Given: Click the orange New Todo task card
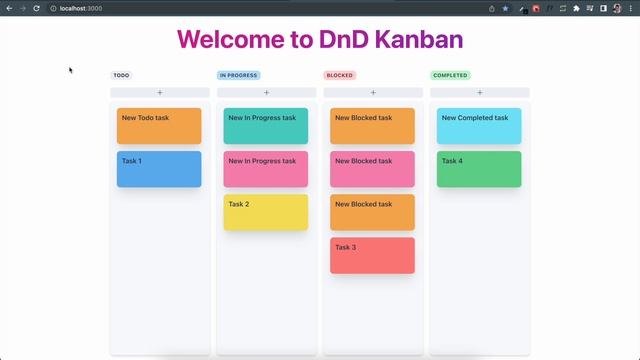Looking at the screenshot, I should point(159,126).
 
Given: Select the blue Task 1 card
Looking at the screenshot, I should point(159,169).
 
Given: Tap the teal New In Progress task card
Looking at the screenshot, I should point(265,126).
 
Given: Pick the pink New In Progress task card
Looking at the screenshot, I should point(265,169).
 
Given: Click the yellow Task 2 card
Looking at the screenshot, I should point(265,212).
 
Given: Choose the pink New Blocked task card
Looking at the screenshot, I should point(372,169).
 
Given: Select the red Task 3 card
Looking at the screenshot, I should point(372,255).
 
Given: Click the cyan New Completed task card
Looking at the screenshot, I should point(479,126).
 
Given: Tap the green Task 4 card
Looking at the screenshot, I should point(479,169).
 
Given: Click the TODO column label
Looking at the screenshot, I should point(121,75).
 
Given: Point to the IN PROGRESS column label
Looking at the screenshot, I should point(238,75).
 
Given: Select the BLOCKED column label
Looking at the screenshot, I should point(340,75).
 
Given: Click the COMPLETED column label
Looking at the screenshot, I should point(450,75).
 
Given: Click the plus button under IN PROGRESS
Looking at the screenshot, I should point(266,93).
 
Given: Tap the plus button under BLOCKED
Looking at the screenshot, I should point(373,93).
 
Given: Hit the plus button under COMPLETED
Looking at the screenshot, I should point(479,93).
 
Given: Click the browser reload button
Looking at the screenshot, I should point(36,8).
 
